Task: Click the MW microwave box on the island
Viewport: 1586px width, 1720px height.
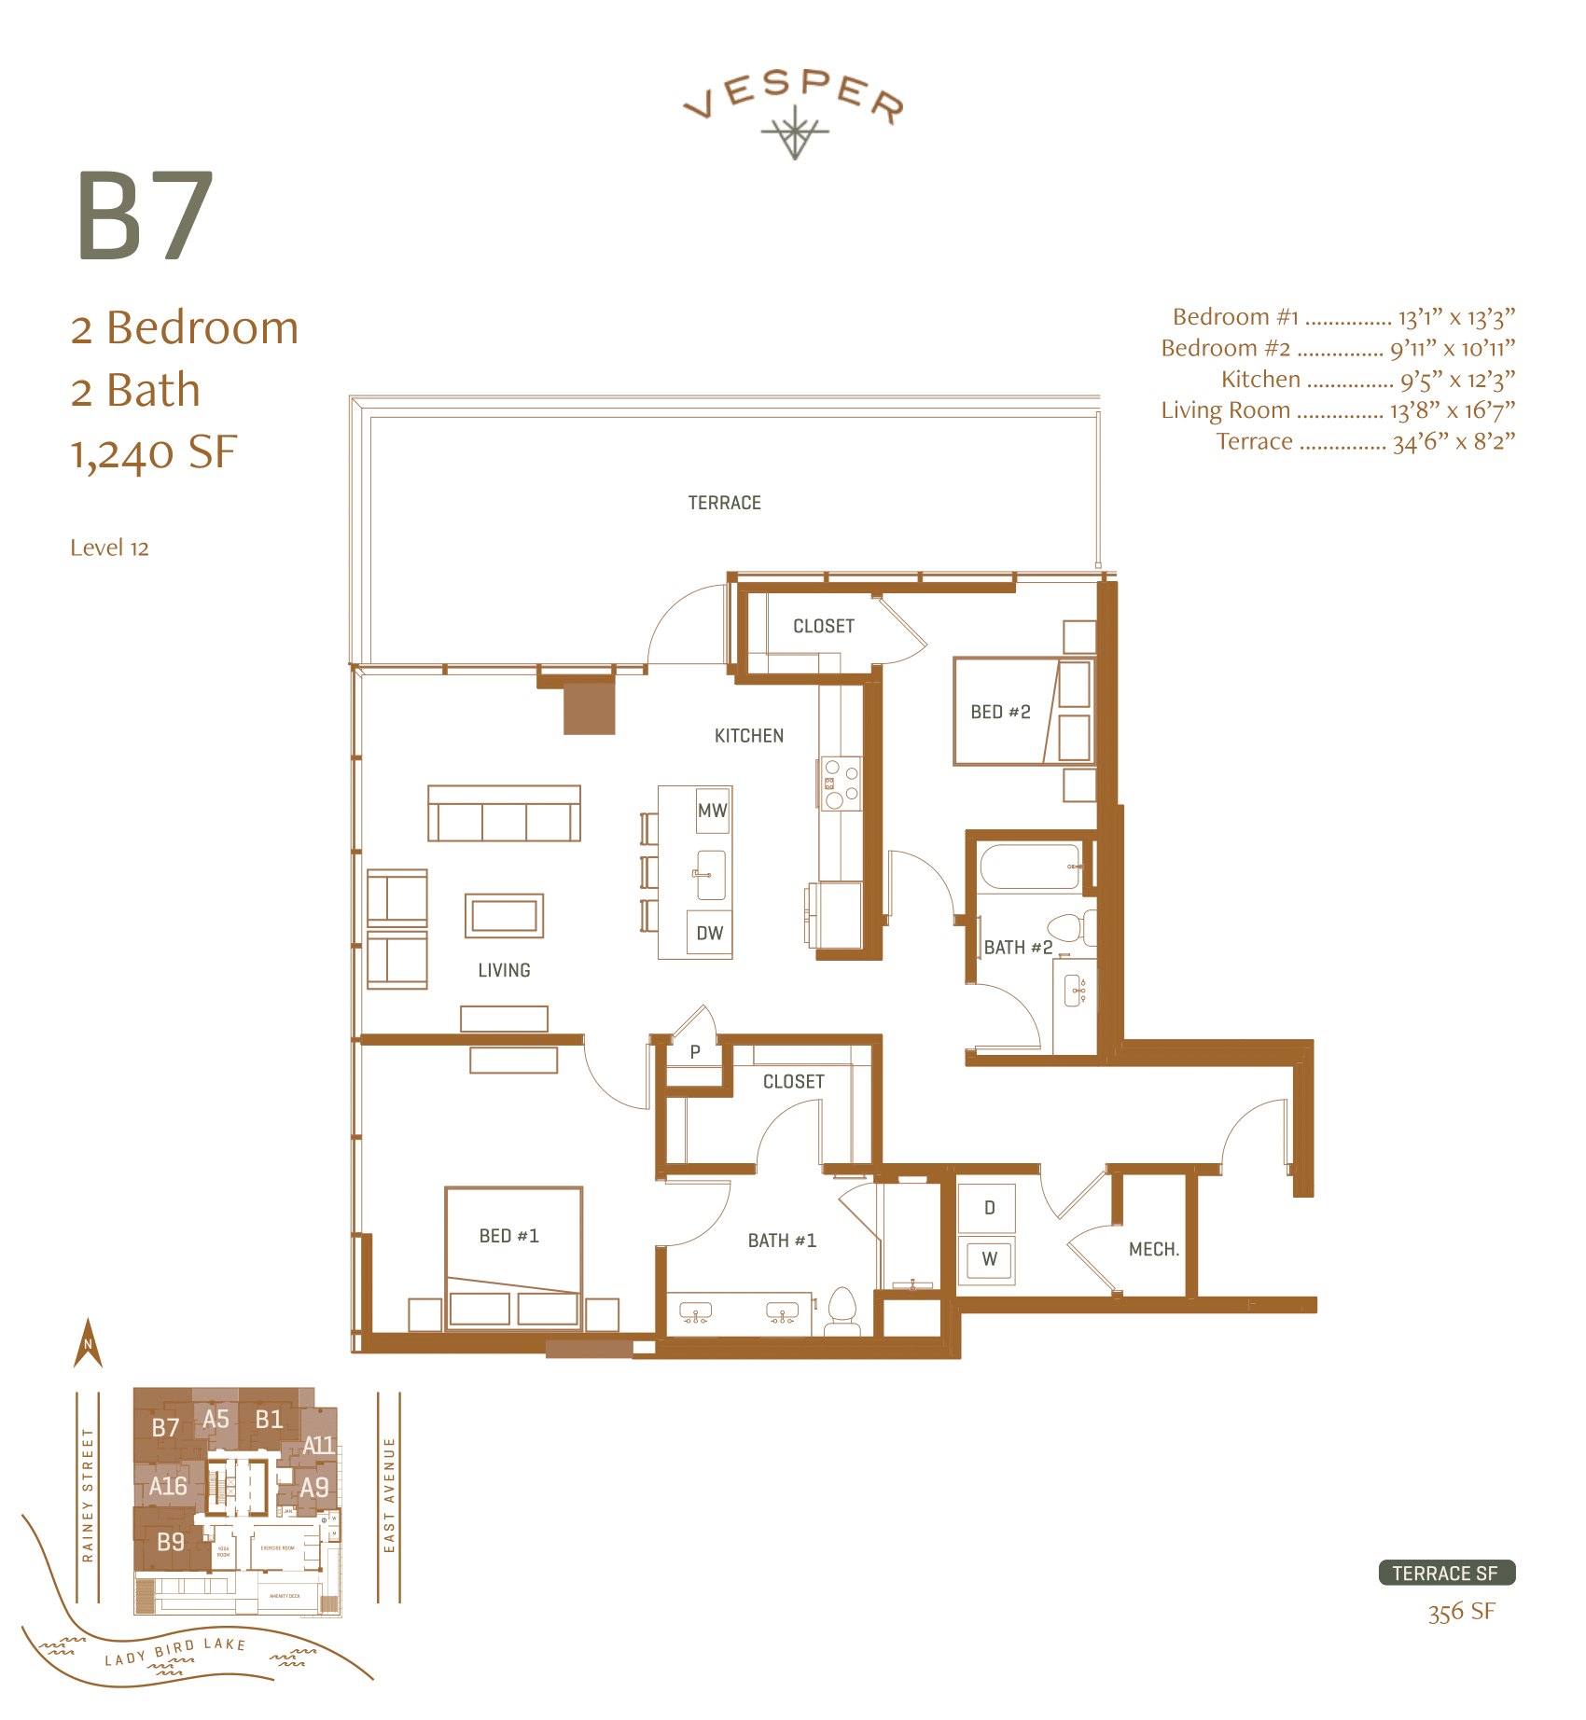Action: [x=713, y=811]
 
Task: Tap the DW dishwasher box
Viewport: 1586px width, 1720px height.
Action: [x=709, y=933]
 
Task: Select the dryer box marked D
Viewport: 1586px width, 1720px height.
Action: [x=989, y=1208]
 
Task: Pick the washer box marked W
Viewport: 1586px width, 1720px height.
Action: [x=989, y=1259]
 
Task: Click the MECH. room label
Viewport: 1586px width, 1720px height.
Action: [x=1154, y=1249]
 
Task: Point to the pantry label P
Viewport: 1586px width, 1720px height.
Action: [x=695, y=1052]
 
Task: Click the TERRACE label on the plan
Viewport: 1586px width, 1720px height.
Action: [x=724, y=503]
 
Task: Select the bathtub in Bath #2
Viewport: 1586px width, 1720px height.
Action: [x=1030, y=867]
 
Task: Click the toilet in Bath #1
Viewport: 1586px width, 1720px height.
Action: [x=842, y=1309]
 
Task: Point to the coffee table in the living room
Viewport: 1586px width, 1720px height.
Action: [x=504, y=916]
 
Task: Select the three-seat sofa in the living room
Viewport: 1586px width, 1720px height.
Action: [x=504, y=813]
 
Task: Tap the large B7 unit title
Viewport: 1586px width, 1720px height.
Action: [x=145, y=217]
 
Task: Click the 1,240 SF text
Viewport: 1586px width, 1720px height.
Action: [x=154, y=453]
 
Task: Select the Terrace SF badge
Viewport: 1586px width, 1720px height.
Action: [x=1446, y=1574]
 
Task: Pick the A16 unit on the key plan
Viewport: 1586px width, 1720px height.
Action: [x=168, y=1486]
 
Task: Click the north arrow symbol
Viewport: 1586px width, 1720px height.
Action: [x=88, y=1343]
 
